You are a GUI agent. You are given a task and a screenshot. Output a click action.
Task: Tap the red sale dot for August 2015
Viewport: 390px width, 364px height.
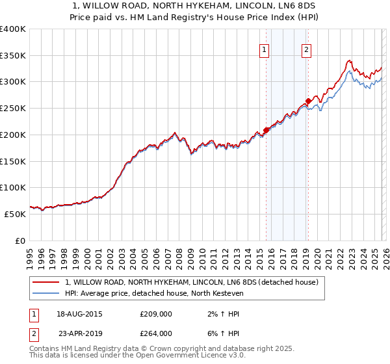(266, 130)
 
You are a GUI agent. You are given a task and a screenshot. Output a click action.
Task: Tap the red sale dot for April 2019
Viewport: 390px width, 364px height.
(308, 101)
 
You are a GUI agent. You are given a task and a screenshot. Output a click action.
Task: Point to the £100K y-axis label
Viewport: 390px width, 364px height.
(14, 187)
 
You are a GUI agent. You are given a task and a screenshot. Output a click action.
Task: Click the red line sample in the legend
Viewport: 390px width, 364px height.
(47, 283)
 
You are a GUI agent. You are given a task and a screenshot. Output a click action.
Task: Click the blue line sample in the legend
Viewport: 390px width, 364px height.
(47, 294)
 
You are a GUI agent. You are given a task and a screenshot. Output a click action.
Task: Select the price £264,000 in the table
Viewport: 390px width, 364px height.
(155, 333)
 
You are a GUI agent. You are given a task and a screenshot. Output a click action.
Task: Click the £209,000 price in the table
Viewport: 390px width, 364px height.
(155, 314)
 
